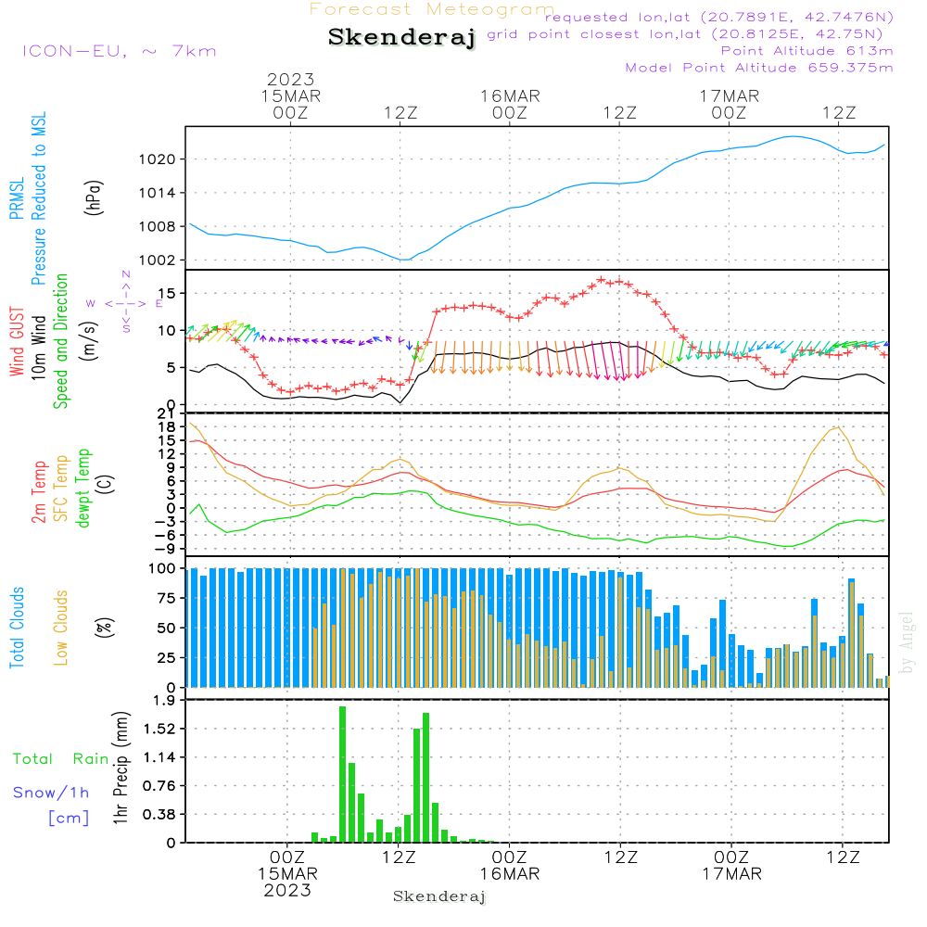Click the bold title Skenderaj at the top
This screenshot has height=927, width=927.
coord(401,38)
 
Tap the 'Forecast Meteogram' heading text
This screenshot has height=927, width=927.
coord(432,9)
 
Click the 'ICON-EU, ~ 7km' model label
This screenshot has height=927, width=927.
coord(119,50)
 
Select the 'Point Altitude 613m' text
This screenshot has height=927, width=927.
coord(806,51)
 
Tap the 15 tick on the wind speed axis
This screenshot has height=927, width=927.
coord(169,293)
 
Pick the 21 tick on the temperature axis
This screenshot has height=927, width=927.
coord(169,413)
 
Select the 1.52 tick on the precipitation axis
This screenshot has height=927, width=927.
coord(160,729)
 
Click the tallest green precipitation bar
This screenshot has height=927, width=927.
coord(342,774)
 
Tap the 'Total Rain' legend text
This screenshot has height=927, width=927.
coord(60,759)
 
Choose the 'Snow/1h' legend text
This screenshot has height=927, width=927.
coord(51,793)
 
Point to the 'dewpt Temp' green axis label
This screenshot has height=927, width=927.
coord(83,488)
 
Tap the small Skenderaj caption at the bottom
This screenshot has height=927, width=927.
coord(439,896)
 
